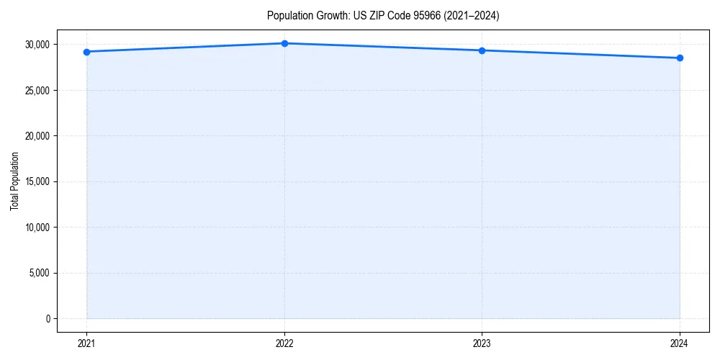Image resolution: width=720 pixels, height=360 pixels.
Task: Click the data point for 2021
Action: (86, 52)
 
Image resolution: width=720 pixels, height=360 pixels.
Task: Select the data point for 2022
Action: (284, 43)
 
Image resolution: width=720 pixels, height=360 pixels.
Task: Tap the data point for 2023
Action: (482, 50)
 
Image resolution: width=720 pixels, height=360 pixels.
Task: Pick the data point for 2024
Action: (680, 58)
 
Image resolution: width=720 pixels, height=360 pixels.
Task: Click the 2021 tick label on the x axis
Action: (86, 343)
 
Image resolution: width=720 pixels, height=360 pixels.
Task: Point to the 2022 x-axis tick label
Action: (284, 343)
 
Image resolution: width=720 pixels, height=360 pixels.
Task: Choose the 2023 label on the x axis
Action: (482, 343)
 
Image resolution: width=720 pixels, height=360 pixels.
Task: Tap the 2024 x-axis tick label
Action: (680, 343)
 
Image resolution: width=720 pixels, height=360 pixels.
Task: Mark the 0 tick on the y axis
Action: (48, 318)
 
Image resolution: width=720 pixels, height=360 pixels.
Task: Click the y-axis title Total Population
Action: (14, 181)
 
